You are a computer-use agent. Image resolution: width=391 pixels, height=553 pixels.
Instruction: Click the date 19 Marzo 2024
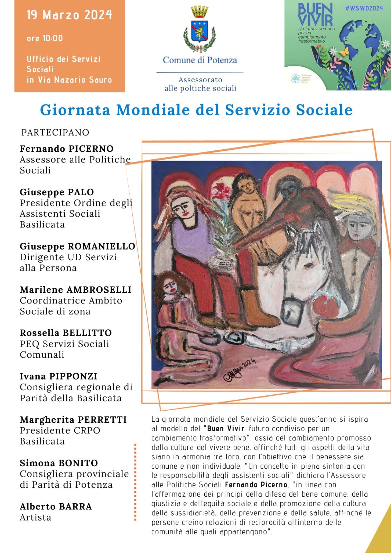coord(69,15)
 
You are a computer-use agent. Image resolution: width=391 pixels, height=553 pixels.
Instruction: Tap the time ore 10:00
coord(45,38)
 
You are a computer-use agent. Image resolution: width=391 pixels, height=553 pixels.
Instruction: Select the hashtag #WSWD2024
coord(364,8)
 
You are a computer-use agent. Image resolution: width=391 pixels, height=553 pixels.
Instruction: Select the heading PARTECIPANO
coord(55,132)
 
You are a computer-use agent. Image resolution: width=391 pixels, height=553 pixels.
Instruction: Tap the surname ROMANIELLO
coord(101,246)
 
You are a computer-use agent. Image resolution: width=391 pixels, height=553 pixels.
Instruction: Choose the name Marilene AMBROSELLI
coord(75,290)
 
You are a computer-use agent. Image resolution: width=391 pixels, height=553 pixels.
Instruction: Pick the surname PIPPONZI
coord(73,376)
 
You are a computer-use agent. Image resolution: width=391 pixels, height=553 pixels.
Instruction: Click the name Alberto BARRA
coord(56,506)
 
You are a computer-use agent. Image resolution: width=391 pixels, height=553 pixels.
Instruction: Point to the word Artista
coord(35,517)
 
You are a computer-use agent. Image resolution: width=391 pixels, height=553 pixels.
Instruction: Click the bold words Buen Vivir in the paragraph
coord(225,429)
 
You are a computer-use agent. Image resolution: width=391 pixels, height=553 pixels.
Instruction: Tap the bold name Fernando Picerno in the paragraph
coord(256,485)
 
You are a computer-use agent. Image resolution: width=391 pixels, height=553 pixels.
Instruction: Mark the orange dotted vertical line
coord(135,482)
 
